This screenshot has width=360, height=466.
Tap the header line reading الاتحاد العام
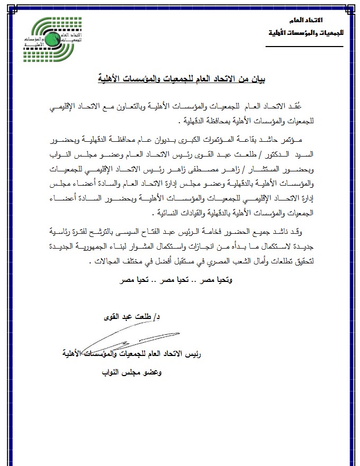317,20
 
